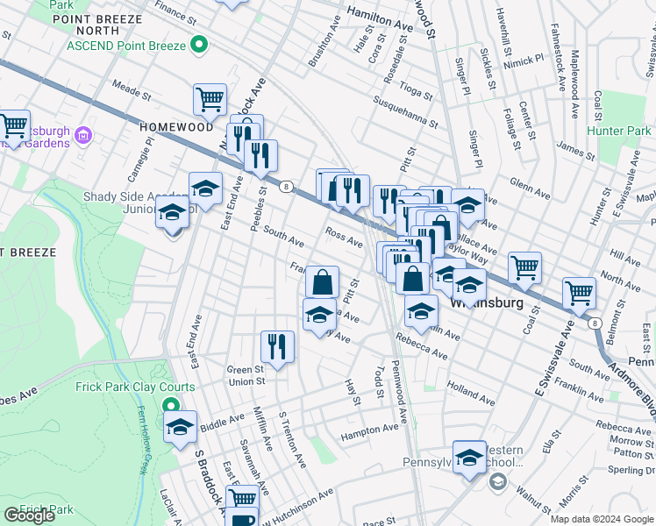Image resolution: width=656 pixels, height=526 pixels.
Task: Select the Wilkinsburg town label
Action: click(x=487, y=302)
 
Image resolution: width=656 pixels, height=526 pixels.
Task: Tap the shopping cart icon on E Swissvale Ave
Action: click(x=579, y=293)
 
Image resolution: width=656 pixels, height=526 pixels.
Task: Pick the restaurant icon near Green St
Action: click(x=277, y=345)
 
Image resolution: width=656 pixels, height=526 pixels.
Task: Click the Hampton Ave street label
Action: click(x=370, y=430)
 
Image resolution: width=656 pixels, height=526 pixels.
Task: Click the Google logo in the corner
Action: click(x=29, y=515)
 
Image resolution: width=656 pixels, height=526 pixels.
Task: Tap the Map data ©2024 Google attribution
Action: click(x=601, y=519)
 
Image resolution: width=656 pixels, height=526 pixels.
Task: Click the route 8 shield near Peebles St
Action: click(x=286, y=185)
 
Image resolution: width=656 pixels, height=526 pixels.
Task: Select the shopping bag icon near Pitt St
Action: click(x=323, y=282)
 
